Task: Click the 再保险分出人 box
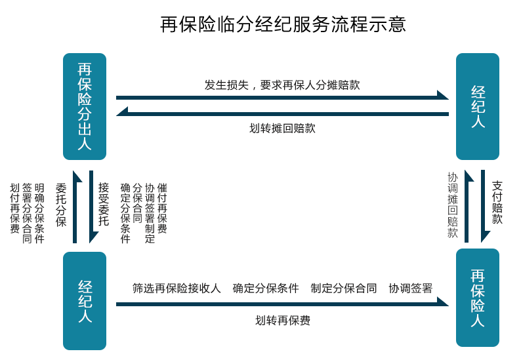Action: pyautogui.click(x=84, y=106)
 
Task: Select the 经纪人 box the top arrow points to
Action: pyautogui.click(x=477, y=106)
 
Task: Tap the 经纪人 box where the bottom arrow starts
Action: pyautogui.click(x=84, y=301)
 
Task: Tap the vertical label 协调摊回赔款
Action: pyautogui.click(x=452, y=205)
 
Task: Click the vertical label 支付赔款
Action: pyautogui.click(x=497, y=202)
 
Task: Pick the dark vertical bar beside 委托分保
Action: pyautogui.click(x=77, y=207)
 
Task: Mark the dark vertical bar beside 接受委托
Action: pyautogui.click(x=94, y=207)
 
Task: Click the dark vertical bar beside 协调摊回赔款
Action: pyautogui.click(x=470, y=206)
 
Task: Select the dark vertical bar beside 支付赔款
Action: pyautogui.click(x=486, y=206)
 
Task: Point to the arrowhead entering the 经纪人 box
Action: pyautogui.click(x=443, y=94)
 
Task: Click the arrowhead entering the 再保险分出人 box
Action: pyautogui.click(x=122, y=111)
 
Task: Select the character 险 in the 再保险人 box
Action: pyautogui.click(x=477, y=305)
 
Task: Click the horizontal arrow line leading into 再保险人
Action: pyautogui.click(x=276, y=304)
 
